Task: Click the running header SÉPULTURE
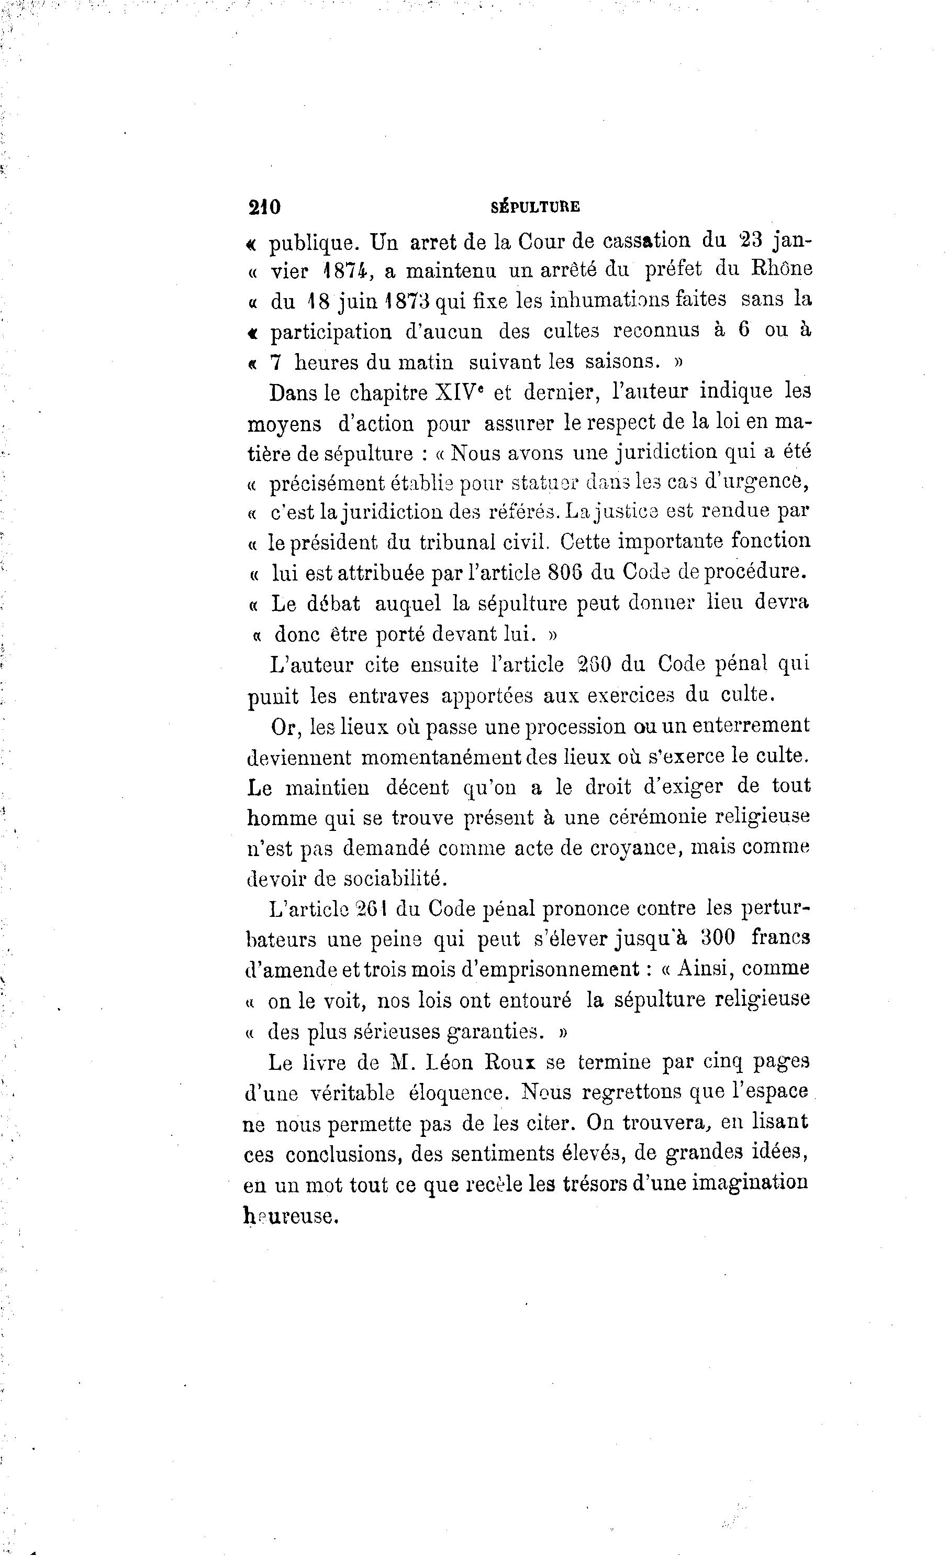[534, 206]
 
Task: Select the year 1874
[344, 270]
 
